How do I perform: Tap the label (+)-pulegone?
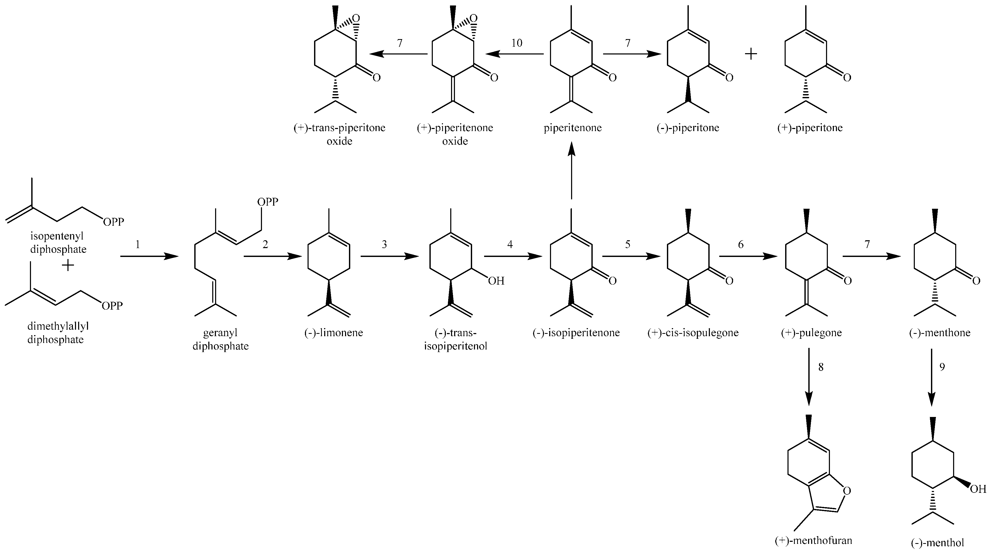pyautogui.click(x=811, y=332)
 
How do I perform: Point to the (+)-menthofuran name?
pyautogui.click(x=813, y=540)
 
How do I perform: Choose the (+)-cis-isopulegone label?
pyautogui.click(x=693, y=332)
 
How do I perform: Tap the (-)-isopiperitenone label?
pyautogui.click(x=576, y=332)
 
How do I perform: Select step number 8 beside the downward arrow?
pyautogui.click(x=821, y=367)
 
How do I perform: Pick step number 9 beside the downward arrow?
pyautogui.click(x=942, y=367)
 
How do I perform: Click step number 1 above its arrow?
pyautogui.click(x=138, y=244)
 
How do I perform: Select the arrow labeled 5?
pyautogui.click(x=631, y=256)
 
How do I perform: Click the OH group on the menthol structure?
pyautogui.click(x=977, y=489)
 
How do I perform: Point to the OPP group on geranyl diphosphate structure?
pyautogui.click(x=267, y=202)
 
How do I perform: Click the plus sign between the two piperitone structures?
pyautogui.click(x=751, y=54)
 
